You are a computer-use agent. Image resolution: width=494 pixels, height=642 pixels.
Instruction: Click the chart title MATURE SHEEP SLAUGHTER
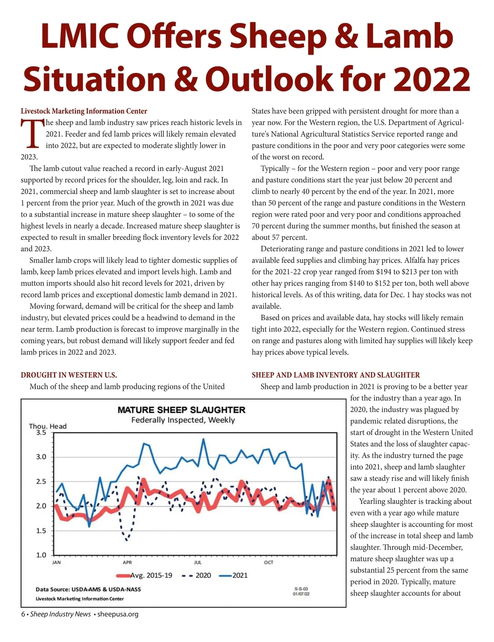181,410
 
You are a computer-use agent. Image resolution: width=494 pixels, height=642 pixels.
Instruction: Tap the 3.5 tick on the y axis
41,433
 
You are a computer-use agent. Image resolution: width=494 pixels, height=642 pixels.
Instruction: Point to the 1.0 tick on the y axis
41,555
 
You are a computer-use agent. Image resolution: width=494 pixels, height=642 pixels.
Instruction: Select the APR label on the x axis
127,562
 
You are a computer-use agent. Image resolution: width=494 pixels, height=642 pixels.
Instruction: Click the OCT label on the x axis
268,562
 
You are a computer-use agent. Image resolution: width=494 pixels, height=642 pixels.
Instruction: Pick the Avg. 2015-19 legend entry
144,575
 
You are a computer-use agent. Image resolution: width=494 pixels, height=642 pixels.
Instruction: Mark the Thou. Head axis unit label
47,426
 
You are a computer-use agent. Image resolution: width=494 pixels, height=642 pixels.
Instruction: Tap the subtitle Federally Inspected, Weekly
183,420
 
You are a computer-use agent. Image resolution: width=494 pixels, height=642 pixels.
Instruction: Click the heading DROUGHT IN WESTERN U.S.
69,375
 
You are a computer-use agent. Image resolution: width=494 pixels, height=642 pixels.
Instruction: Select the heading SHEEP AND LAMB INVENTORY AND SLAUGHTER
336,375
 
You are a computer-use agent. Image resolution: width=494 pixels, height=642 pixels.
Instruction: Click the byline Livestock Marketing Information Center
84,111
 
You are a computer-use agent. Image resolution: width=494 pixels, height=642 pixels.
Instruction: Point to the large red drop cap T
32,134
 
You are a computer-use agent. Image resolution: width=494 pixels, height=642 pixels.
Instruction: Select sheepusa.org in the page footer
118,614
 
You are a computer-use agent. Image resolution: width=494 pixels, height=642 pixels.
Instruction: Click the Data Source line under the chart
88,589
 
